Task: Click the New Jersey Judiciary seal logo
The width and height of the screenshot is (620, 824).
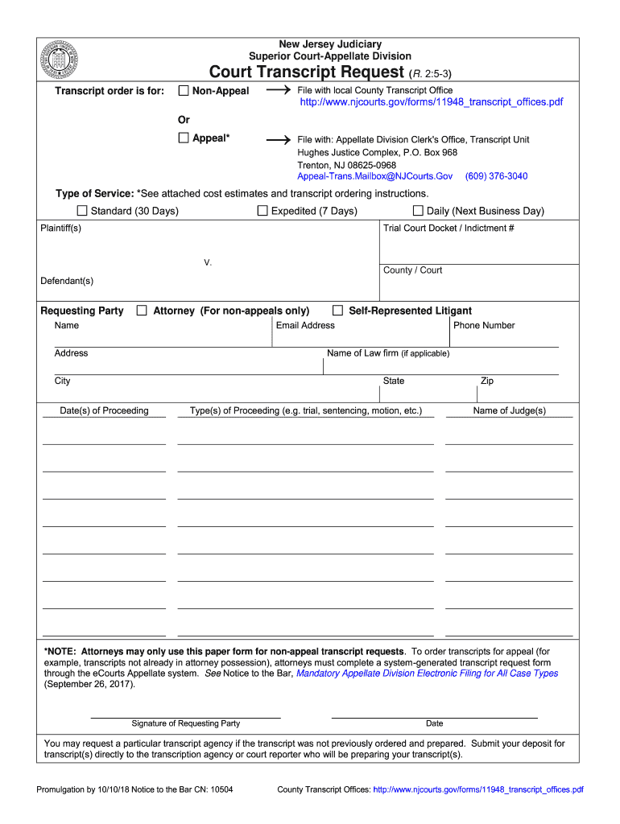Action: [x=60, y=60]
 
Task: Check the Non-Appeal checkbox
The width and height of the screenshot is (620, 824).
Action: [x=183, y=90]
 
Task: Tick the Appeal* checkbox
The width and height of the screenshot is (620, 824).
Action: [x=183, y=138]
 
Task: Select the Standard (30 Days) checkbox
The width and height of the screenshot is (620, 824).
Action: [x=81, y=211]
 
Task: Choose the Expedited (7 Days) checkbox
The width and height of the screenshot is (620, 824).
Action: [x=262, y=211]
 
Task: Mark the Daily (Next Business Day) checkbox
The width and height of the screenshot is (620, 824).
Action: [x=418, y=211]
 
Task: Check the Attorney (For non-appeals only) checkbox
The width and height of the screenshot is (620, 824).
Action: [x=142, y=311]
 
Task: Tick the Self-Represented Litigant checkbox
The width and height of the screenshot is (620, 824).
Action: [x=338, y=311]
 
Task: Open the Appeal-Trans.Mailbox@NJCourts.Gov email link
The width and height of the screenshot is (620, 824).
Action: [x=374, y=175]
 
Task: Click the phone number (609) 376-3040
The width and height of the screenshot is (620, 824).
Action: [x=496, y=175]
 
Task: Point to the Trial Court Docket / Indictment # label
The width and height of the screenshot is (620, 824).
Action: [x=448, y=228]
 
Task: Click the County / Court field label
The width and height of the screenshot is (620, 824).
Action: [x=412, y=270]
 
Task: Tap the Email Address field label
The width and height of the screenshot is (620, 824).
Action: [x=305, y=325]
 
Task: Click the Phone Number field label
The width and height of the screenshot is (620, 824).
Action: [x=484, y=325]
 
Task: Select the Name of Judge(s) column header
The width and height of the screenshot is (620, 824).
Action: [x=509, y=410]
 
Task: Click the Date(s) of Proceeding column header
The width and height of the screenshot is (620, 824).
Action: [x=104, y=410]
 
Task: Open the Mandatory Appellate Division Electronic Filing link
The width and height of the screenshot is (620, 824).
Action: [x=427, y=674]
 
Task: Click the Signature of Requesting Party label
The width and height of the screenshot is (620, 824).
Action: [x=185, y=723]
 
